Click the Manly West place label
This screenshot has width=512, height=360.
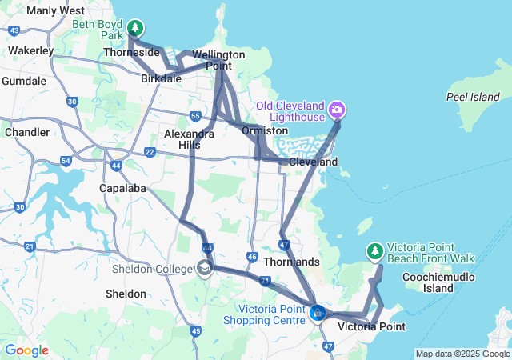55,11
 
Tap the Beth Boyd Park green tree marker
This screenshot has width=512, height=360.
135,28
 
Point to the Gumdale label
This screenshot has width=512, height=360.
24,81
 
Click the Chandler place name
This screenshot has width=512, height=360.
26,131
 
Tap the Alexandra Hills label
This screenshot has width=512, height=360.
189,139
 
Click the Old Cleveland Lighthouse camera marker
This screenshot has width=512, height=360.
338,109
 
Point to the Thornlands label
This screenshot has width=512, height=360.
296,262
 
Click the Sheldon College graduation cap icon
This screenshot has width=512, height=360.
206,269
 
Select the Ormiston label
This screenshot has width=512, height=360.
265,130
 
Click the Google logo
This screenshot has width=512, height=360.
26,350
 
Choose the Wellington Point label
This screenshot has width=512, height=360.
218,60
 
